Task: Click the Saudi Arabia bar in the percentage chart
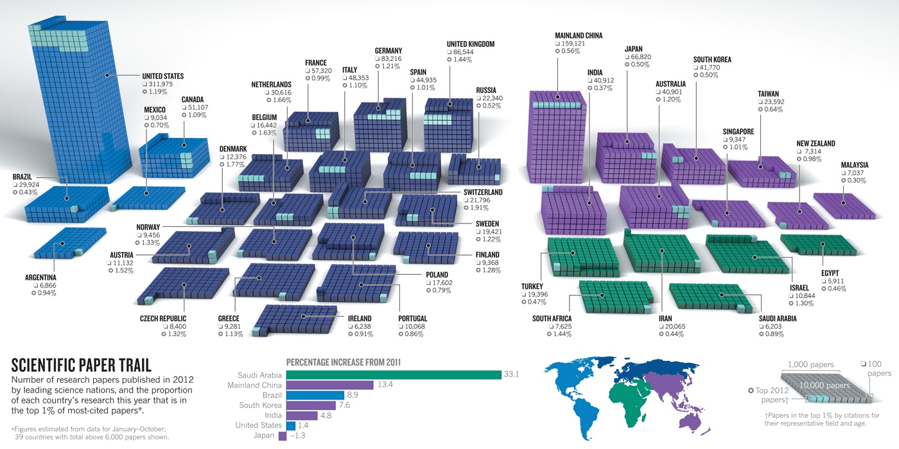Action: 393,375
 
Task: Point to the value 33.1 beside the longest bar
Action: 511,375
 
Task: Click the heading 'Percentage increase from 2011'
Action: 344,362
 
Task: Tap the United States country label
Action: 163,76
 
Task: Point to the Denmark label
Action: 232,148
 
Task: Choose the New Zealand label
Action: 816,144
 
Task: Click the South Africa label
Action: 552,319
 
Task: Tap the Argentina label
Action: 41,278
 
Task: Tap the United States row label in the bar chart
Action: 258,425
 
